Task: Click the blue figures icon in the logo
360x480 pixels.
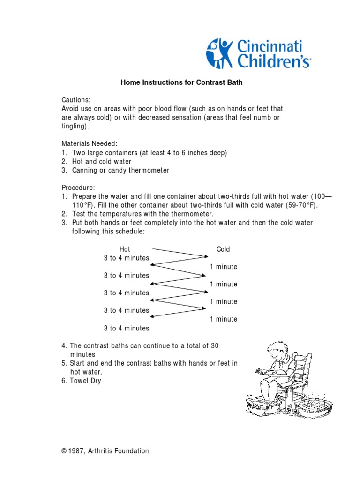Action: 220,53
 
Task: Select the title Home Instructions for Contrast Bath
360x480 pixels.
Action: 181,82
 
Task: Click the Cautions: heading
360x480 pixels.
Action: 76,100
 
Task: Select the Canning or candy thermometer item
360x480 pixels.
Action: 120,170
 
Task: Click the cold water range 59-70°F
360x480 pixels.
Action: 300,205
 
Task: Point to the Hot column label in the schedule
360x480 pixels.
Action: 125,249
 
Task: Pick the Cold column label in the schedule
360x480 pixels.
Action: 223,249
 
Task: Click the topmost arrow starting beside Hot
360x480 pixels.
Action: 180,252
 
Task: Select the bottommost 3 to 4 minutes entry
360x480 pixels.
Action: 127,328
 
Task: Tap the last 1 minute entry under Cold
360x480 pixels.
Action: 224,319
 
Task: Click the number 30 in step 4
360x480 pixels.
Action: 214,346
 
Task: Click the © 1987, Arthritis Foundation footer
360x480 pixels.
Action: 105,451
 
